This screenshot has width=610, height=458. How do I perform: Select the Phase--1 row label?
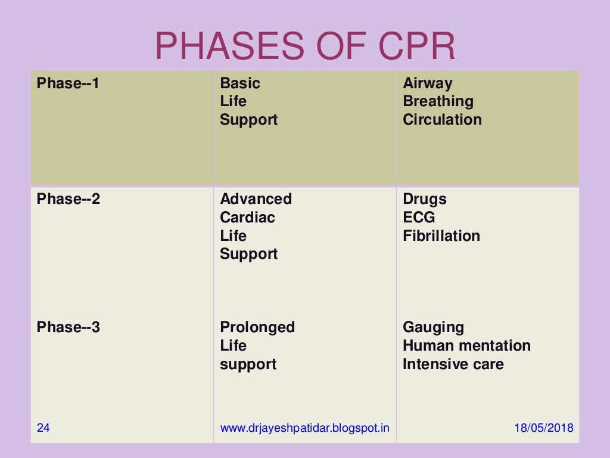(68, 83)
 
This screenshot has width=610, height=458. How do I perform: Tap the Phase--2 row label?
(68, 199)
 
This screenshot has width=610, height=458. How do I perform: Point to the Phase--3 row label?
(68, 327)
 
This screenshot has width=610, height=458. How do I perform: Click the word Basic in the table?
(240, 83)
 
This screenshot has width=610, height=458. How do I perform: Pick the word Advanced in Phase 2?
(256, 199)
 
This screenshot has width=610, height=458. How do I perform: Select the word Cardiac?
(247, 218)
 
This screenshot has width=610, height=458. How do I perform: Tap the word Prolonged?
(257, 327)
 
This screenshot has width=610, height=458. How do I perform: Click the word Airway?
(427, 83)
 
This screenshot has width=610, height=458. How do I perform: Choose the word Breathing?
(438, 101)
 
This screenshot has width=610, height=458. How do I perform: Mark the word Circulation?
(442, 120)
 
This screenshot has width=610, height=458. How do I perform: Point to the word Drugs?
(424, 199)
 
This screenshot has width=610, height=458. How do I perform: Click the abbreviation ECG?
(419, 218)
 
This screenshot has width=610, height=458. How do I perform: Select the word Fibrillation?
(441, 236)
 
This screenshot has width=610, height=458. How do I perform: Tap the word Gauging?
(433, 327)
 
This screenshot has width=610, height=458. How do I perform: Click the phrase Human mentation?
(466, 346)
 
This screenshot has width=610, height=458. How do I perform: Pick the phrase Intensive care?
(453, 364)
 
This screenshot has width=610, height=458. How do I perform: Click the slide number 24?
(43, 428)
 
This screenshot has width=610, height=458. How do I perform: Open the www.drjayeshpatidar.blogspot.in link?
(304, 428)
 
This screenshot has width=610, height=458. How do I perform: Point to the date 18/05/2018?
(543, 428)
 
